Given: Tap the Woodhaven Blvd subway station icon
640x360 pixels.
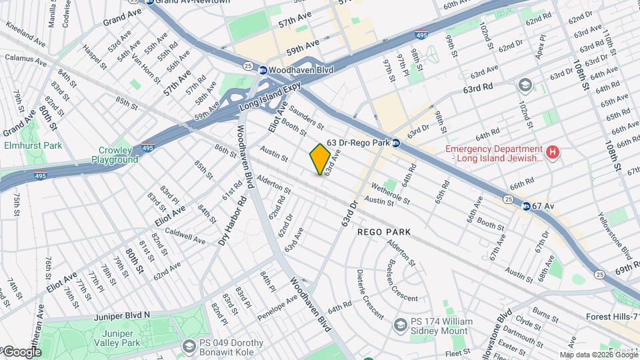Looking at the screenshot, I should point(263,69).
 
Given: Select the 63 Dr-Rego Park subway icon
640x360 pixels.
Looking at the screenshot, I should point(395,143).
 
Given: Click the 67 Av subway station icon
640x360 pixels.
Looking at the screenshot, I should point(525,206).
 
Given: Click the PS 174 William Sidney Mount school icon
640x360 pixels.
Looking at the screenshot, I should point(400,325).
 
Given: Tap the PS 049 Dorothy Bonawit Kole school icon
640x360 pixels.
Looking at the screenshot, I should point(189,346).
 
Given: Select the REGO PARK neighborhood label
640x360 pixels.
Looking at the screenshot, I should point(383,232).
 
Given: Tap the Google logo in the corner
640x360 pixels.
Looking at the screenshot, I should point(21,352).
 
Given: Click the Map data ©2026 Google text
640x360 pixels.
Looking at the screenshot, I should point(598,355).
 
